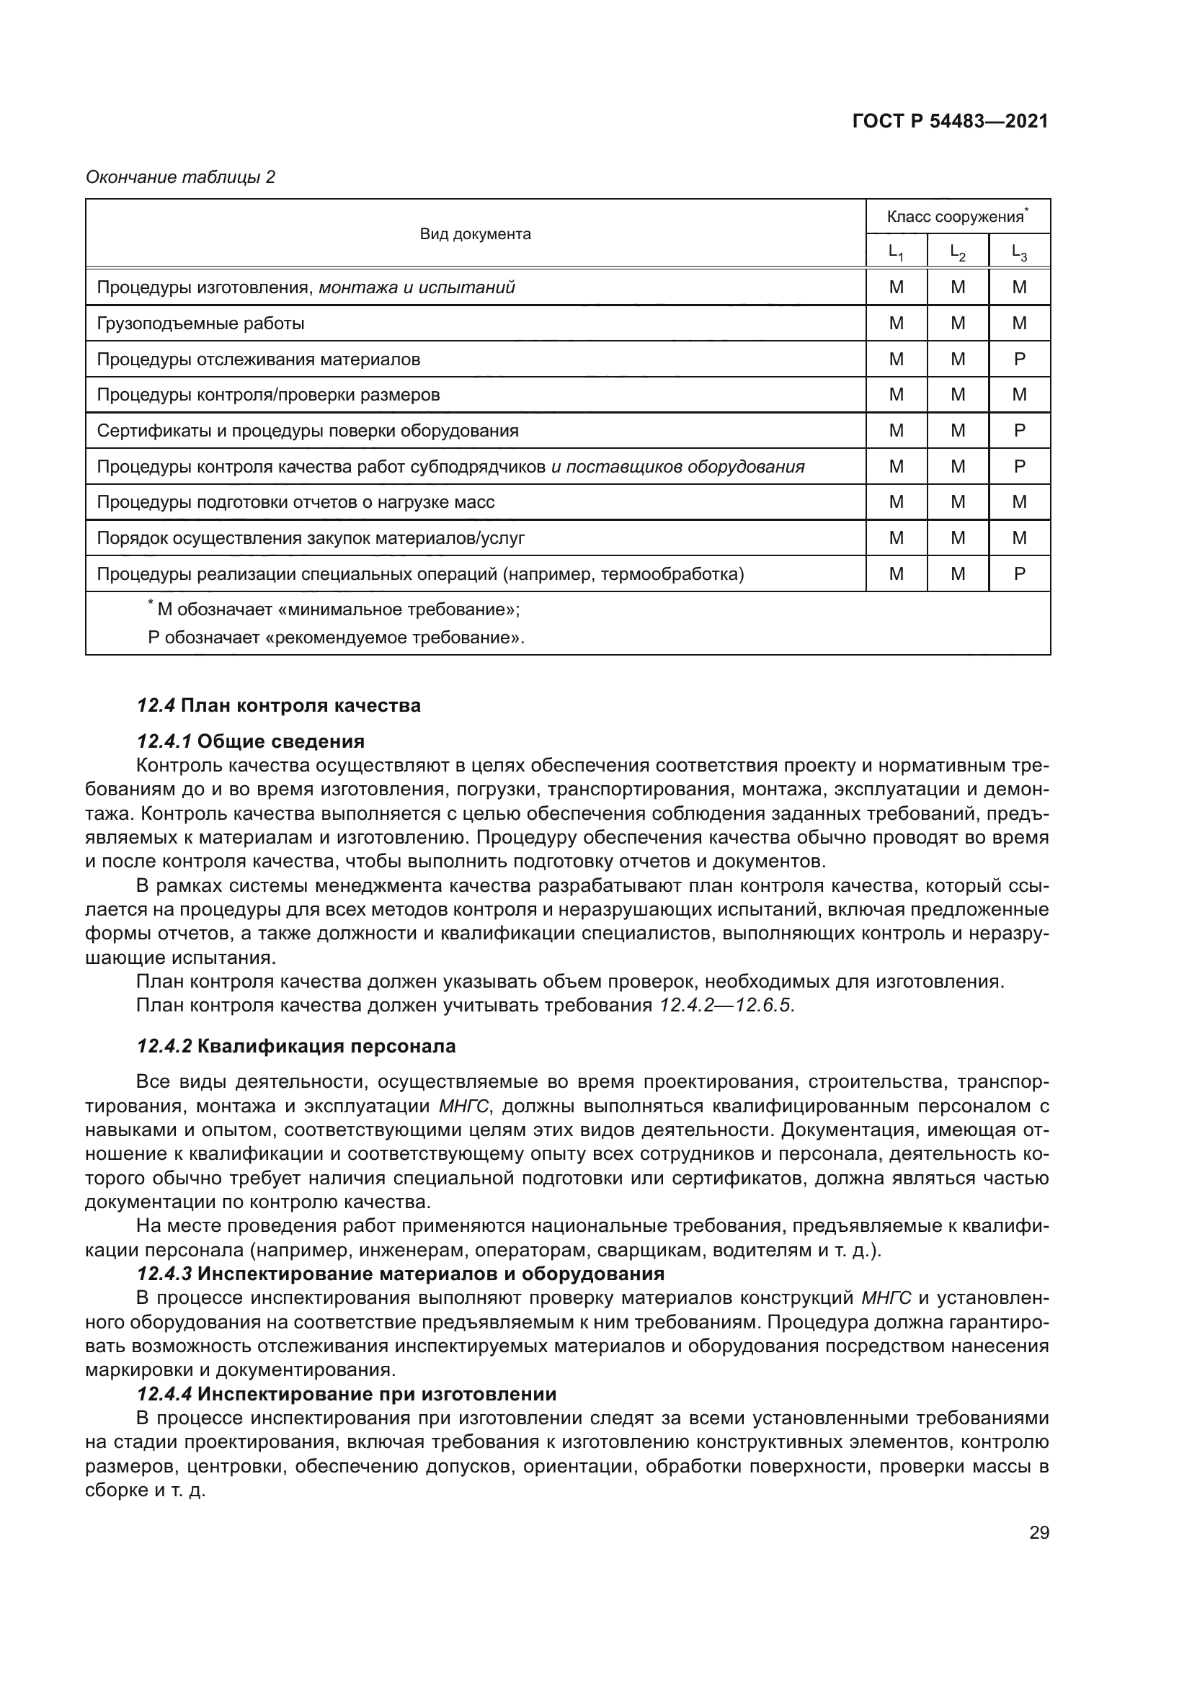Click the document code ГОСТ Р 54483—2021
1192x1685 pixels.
(x=950, y=121)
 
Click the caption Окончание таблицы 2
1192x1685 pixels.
(x=181, y=177)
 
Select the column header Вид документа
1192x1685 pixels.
(x=475, y=234)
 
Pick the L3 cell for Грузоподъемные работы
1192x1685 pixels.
(x=1020, y=323)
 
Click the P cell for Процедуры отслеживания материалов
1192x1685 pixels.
(x=1020, y=359)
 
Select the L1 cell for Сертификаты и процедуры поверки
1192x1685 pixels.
(x=897, y=431)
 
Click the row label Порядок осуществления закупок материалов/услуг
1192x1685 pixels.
(x=311, y=538)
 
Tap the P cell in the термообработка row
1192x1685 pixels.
(x=1020, y=574)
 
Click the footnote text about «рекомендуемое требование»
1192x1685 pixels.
(x=336, y=637)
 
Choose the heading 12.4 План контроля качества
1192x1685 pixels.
(x=279, y=705)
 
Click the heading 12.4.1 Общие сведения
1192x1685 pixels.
(x=250, y=741)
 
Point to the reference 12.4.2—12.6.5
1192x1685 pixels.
(x=725, y=1005)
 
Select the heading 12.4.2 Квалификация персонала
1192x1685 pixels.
(x=295, y=1046)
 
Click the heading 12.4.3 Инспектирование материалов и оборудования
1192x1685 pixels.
(x=400, y=1273)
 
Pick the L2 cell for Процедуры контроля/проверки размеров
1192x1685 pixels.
(x=958, y=395)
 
